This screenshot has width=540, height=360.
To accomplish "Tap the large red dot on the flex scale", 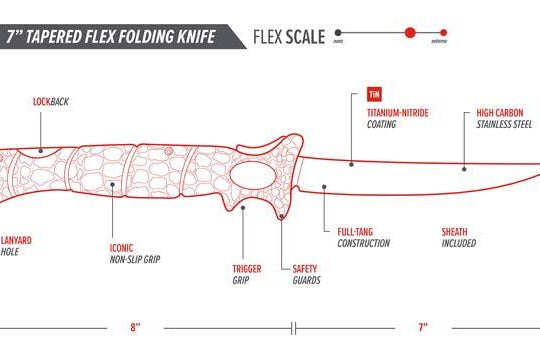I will tap(409, 32).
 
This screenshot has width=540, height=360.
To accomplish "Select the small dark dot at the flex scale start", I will tap(338, 32).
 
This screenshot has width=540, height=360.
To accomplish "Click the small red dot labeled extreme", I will tap(440, 32).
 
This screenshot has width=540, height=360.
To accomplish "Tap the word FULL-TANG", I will tap(357, 232).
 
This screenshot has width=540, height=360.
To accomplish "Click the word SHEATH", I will tap(455, 232).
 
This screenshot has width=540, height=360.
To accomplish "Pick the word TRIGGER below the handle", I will tap(247, 268).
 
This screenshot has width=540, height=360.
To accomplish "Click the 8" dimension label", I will tap(136, 326).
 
